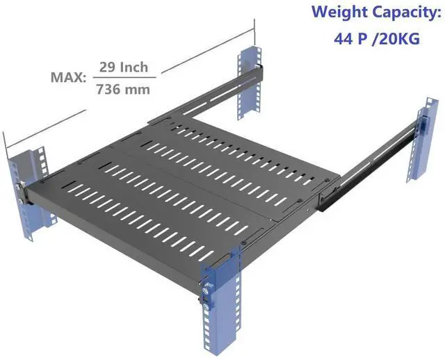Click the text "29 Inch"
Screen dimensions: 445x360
[x=122, y=67]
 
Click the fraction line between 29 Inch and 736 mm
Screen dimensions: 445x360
[x=122, y=78]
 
